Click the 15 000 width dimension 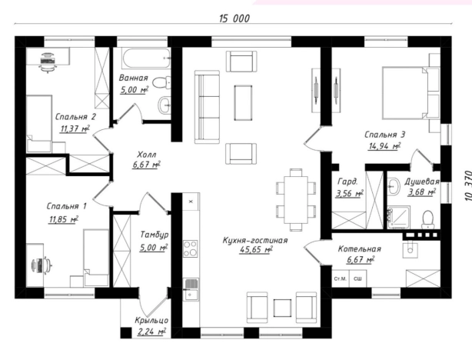click(234, 18)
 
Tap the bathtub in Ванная click(146, 58)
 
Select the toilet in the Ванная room click(161, 82)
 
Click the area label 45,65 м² click(256, 250)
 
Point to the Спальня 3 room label click(384, 135)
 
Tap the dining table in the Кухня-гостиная click(296, 200)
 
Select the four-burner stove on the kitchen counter click(190, 248)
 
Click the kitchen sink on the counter click(191, 289)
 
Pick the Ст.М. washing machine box click(340, 279)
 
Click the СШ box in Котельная click(357, 279)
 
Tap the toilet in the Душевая click(427, 219)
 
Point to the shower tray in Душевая click(398, 218)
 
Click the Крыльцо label click(151, 320)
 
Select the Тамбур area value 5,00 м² click(153, 248)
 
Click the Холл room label click(147, 155)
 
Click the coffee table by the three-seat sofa click(243, 102)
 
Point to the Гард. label click(348, 182)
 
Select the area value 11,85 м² click(64, 219)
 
